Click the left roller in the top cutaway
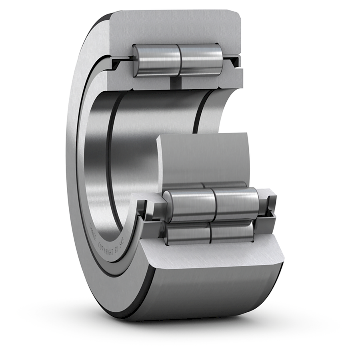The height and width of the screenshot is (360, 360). pyautogui.click(x=157, y=60)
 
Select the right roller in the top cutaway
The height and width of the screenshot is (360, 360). pyautogui.click(x=201, y=60)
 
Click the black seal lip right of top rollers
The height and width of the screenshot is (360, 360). pyautogui.click(x=233, y=61)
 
